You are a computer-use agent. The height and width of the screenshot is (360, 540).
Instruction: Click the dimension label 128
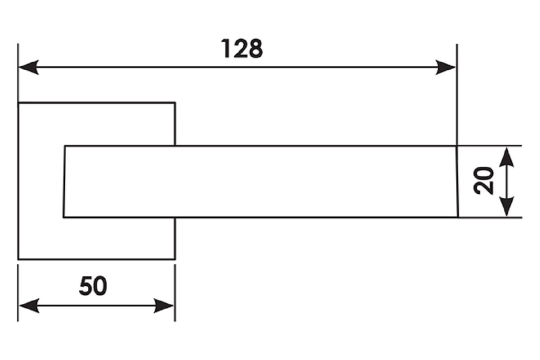[x=242, y=49]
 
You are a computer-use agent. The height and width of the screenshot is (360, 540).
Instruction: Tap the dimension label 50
[x=93, y=286]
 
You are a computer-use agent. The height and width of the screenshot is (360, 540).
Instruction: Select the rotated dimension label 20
[x=483, y=181]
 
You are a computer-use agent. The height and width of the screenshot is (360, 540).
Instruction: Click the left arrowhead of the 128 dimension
[x=28, y=67]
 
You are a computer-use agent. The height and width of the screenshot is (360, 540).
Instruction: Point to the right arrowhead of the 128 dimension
[x=445, y=67]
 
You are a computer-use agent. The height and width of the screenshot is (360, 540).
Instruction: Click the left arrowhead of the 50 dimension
[x=29, y=306]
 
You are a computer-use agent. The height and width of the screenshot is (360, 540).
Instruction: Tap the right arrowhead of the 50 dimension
[x=163, y=306]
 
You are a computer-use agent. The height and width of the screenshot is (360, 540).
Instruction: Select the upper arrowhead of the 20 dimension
[x=507, y=157]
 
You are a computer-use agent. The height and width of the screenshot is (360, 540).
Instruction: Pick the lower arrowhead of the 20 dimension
[x=507, y=207]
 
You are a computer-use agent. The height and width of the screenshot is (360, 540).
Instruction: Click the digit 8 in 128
[x=256, y=49]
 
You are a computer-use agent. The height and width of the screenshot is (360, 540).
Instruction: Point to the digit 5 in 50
[x=85, y=286]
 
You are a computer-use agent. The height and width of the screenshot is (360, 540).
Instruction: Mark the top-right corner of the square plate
[x=175, y=103]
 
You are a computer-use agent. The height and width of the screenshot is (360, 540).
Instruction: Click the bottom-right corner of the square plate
[x=175, y=260]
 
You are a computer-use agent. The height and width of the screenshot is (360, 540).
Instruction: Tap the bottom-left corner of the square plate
[x=18, y=260]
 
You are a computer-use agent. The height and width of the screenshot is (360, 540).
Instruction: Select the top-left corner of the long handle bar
[x=65, y=146]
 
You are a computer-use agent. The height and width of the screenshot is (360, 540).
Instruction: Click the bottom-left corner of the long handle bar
[x=63, y=217]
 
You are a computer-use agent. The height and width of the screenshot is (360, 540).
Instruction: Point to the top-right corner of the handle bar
[x=457, y=146]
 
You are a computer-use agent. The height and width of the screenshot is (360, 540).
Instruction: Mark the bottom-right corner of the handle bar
[x=458, y=217]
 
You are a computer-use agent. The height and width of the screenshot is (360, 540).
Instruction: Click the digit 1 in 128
[x=225, y=49]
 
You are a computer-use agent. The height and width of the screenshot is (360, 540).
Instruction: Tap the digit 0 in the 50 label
[x=100, y=286]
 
